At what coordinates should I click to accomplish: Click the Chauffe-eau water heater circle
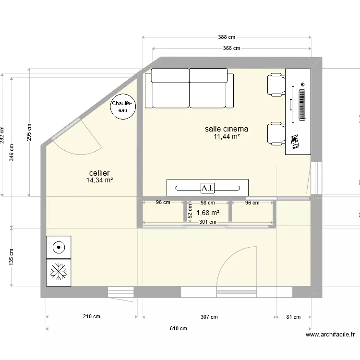coord(123,106)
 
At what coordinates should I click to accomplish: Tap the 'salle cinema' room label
coord(227,129)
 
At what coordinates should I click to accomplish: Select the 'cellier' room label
coord(99,173)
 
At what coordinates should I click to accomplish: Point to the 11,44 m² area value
coord(227,136)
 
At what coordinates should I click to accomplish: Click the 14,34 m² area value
coord(99,180)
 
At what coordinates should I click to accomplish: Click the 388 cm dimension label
coord(226,37)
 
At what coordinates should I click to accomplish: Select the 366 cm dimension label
coord(231,48)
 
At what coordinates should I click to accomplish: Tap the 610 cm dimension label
coord(178,329)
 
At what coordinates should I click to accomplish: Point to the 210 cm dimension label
coord(91,317)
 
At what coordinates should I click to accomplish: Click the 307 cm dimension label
coord(209,317)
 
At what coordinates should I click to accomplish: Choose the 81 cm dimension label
coord(293,317)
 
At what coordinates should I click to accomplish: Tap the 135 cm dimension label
coord(11,257)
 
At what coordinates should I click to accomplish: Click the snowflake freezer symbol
coord(59,273)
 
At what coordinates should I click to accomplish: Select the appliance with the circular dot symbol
coord(59,248)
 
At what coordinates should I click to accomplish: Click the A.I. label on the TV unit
coord(207,187)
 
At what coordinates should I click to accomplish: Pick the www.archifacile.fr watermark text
coord(330,335)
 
